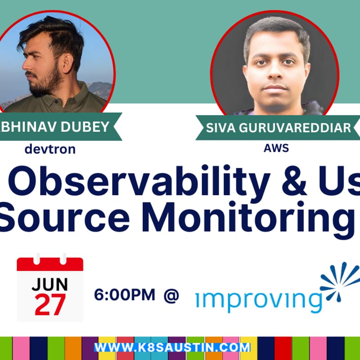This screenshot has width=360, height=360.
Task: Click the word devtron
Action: tap(50, 149)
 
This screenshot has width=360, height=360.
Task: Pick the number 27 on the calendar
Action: tap(50, 305)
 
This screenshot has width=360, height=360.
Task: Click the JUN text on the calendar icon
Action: tap(50, 284)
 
